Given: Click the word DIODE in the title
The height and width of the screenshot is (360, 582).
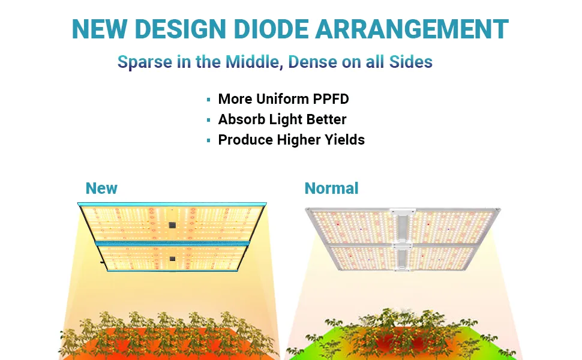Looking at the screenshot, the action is point(271,29).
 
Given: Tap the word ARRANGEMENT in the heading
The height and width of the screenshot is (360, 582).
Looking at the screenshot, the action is point(412,29).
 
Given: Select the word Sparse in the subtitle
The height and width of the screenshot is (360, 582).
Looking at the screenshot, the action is point(145,62).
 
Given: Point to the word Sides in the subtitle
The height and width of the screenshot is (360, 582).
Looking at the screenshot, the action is point(411,62).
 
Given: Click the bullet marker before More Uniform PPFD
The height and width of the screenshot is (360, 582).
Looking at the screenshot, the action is point(209,100).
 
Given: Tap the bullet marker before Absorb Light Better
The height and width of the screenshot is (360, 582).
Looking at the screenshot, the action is point(209,120).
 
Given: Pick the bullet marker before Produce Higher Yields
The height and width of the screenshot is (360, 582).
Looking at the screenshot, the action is point(209,140).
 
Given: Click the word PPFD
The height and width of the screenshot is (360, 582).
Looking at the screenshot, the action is point(331,99).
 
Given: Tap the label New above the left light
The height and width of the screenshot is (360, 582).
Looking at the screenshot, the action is point(101,188).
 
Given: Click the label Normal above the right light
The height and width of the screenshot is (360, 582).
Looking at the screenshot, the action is point(331,188).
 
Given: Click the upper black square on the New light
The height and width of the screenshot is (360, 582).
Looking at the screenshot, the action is point(172,225).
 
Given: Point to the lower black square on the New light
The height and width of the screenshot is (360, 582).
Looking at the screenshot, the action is point(172,259).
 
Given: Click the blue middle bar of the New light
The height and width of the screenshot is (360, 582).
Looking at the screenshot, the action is point(172,244).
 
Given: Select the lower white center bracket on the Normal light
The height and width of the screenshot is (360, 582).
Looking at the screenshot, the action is point(403,257).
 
